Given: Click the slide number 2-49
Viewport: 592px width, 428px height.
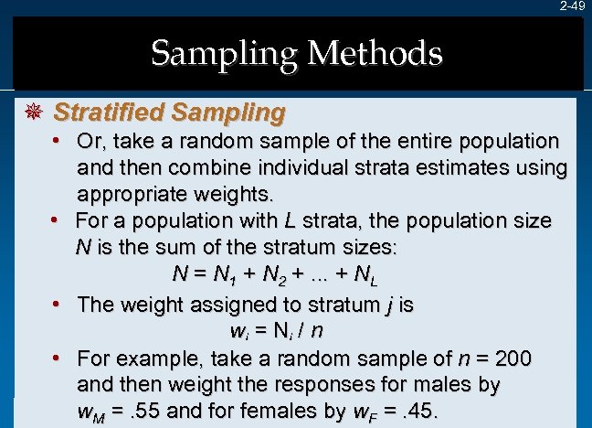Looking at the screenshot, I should (x=572, y=6).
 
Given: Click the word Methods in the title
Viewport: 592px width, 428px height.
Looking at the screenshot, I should (x=375, y=54).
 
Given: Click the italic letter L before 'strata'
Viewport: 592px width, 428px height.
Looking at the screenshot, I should (x=290, y=221).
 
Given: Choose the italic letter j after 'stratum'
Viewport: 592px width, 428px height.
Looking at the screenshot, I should (x=384, y=305).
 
